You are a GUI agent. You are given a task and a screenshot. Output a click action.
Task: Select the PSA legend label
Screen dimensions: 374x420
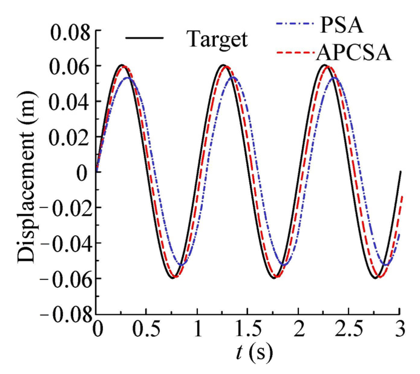(341, 24)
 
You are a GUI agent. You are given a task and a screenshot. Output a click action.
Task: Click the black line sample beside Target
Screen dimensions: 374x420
(144, 38)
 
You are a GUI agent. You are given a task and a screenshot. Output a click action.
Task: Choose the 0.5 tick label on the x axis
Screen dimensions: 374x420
(146, 330)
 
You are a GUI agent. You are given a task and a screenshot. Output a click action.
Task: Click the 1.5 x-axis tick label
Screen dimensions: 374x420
(247, 330)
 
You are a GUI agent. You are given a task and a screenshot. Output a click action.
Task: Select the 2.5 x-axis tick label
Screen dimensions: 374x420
(349, 330)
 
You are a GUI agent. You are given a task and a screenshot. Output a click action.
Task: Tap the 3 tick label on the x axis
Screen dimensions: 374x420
(400, 330)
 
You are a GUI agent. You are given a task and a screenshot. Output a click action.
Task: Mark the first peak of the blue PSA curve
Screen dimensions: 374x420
(128, 78)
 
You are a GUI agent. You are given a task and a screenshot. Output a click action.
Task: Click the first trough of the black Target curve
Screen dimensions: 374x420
(172, 278)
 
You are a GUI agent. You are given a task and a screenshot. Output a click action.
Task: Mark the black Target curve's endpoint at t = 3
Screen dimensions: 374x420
(400, 172)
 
